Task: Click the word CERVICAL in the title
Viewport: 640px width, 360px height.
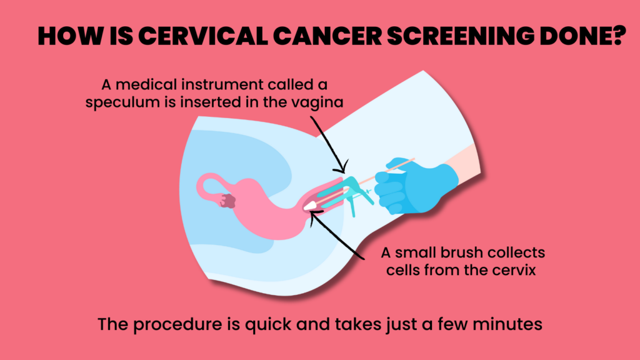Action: click(203, 36)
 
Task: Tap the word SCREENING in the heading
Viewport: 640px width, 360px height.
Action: click(461, 36)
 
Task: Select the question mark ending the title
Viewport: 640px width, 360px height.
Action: click(618, 36)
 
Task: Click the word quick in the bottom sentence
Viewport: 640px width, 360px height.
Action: click(268, 325)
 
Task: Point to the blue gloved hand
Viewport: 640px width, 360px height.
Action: click(412, 186)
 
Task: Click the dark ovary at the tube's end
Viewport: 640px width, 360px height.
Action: click(227, 201)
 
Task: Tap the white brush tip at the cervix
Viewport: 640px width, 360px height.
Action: click(310, 205)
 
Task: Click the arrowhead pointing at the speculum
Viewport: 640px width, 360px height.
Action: click(342, 167)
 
